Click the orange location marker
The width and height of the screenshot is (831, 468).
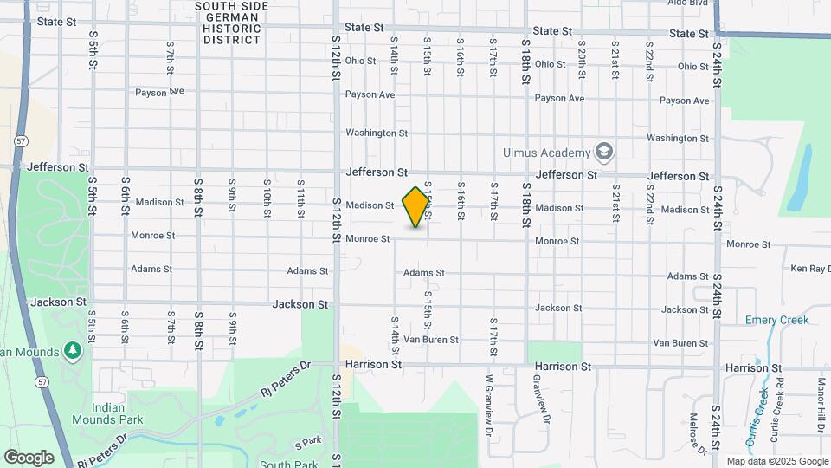[x=416, y=207]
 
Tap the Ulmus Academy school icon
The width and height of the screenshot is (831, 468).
[x=603, y=153]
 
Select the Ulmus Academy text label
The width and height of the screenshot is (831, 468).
[x=546, y=153]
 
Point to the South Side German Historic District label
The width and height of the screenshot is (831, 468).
[x=231, y=23]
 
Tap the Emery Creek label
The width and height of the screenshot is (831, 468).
[x=776, y=320]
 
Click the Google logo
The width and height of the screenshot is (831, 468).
[x=28, y=457]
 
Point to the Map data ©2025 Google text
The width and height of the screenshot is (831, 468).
[x=776, y=461]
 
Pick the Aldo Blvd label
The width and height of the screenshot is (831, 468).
[x=688, y=3]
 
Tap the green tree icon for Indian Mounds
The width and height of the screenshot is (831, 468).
[x=74, y=350]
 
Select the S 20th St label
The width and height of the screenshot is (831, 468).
[x=582, y=57]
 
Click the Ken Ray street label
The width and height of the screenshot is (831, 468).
[x=809, y=269]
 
